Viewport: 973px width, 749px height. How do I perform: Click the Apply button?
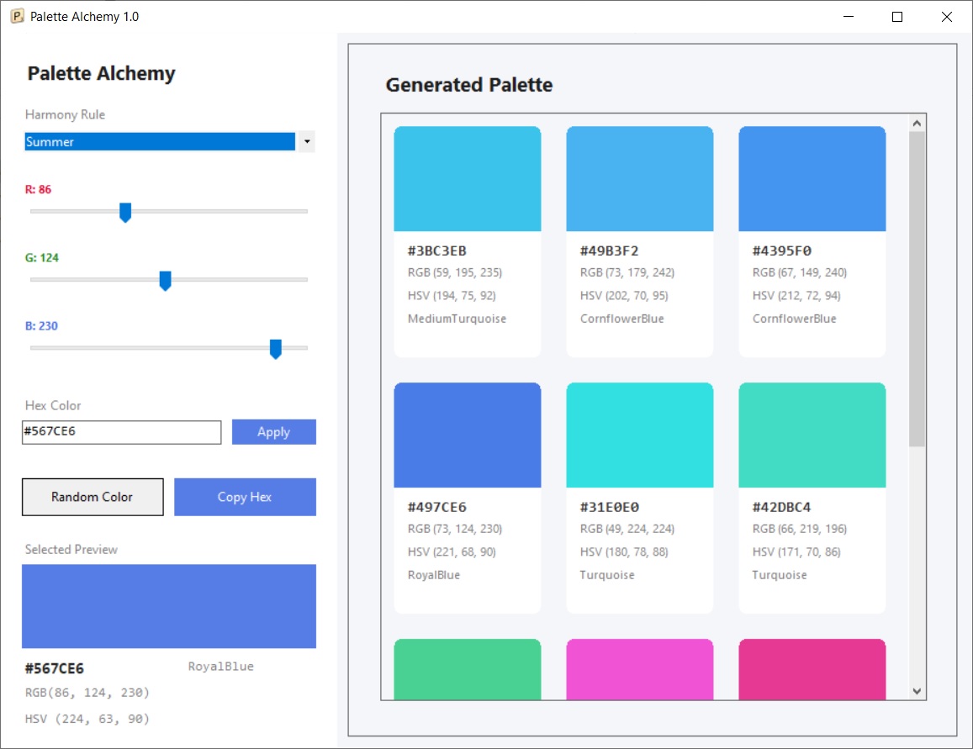coord(273,431)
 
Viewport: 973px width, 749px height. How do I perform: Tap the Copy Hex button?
coord(245,497)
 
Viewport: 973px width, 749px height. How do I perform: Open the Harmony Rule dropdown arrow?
coord(307,141)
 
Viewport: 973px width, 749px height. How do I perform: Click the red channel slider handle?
coord(125,212)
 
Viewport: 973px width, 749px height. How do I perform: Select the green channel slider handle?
coord(165,280)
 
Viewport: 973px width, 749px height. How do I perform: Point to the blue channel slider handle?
coord(276,349)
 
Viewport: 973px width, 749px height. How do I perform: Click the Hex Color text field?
coord(122,432)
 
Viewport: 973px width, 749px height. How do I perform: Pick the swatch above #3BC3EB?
coord(468,178)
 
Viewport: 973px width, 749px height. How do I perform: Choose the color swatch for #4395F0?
coord(812,178)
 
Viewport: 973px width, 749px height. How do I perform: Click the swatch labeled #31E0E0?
coord(640,435)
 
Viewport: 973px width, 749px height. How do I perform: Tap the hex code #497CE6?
coord(436,507)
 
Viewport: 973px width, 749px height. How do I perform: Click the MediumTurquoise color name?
coord(457,319)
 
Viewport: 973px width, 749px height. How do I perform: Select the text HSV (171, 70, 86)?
coord(796,551)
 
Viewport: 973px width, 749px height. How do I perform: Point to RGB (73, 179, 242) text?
coord(627,272)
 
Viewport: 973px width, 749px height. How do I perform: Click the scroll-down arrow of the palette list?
coord(917,691)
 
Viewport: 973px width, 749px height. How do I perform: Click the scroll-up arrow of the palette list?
coord(917,124)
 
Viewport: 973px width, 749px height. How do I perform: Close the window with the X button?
coord(946,17)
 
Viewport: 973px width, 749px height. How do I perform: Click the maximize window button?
coord(897,17)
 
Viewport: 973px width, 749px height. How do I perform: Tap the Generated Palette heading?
coord(469,85)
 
